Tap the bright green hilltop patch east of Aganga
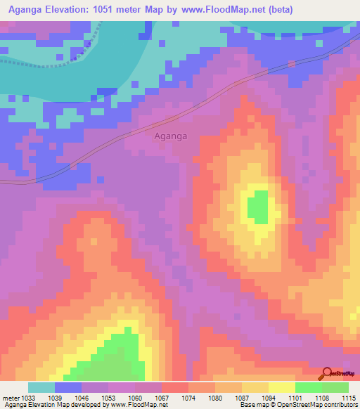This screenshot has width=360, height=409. (259, 207)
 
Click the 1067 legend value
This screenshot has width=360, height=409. (162, 398)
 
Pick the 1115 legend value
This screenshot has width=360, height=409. (349, 398)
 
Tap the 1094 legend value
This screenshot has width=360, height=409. (269, 398)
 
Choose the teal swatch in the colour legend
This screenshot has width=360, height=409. (41, 387)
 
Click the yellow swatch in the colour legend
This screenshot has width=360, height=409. (281, 387)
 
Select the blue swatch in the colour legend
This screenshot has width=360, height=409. (68, 387)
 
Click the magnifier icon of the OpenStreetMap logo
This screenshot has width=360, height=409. (327, 374)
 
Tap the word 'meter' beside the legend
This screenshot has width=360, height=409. (10, 398)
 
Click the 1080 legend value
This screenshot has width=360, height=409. (215, 398)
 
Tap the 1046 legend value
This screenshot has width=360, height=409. (81, 398)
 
